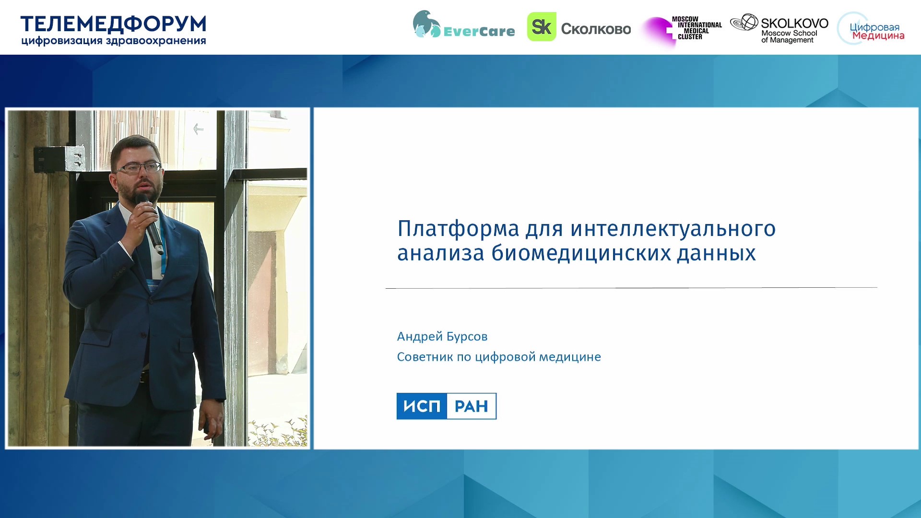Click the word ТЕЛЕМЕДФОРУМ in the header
pos(113,24)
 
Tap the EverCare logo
pos(463,25)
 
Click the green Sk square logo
pos(542,27)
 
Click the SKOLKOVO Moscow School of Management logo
pos(779,29)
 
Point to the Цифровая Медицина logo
pos(871,29)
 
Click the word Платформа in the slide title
pos(458,229)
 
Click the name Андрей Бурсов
pos(442,337)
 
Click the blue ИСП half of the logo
pos(422,406)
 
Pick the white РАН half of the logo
pos(472,406)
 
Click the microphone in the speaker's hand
pos(150,223)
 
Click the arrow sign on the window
pos(198,129)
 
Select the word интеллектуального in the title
pos(673,229)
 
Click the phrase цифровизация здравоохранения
pos(113,41)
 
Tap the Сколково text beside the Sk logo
pos(596,29)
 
